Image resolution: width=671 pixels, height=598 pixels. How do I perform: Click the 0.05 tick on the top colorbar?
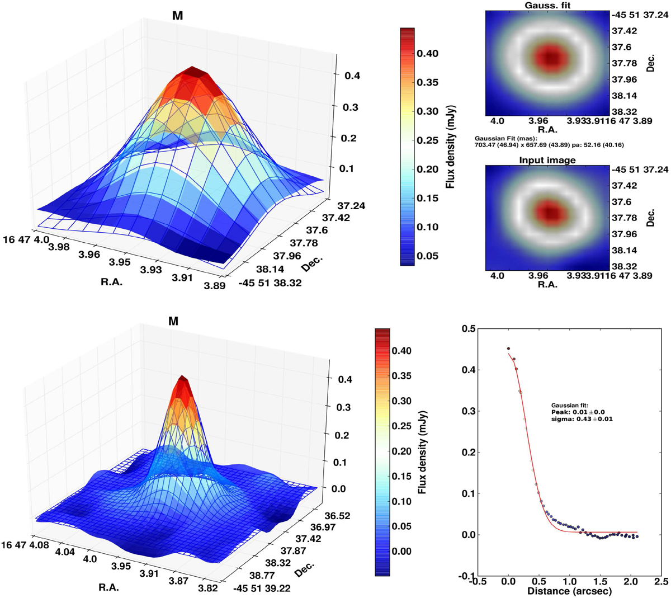coord(427,256)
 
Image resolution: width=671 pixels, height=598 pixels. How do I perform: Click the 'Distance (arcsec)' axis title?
coord(569,591)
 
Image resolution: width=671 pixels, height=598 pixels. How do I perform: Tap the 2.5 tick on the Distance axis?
coord(660,581)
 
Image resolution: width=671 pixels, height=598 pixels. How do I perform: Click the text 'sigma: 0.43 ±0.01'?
coord(582,419)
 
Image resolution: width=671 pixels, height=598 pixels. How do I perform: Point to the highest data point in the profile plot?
coord(508,349)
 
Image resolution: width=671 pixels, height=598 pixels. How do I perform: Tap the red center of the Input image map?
coord(551,213)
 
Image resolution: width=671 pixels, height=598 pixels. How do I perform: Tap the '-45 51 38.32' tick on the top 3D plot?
coord(262,283)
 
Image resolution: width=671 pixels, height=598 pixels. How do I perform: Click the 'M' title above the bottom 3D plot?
coord(173,322)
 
